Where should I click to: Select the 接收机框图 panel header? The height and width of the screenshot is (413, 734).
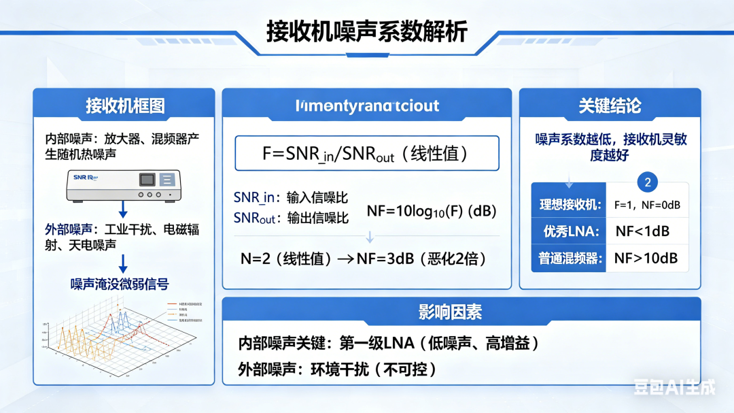click(x=124, y=105)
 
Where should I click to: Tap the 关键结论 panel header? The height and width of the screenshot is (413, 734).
click(x=610, y=105)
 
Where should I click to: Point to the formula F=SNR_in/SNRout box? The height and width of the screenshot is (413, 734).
click(x=366, y=153)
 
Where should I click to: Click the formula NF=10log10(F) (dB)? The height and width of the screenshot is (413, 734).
click(x=432, y=212)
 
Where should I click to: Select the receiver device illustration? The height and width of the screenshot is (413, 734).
click(x=124, y=185)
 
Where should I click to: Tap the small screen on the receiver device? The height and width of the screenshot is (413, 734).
click(x=147, y=180)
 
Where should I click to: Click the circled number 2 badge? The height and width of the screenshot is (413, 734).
click(x=648, y=182)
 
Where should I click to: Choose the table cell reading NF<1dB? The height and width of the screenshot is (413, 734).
click(x=642, y=231)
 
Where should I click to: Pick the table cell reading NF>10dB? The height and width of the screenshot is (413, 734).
click(x=646, y=259)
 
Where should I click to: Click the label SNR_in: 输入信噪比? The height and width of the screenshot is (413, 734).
click(x=291, y=198)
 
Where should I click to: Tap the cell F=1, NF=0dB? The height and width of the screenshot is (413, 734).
click(x=647, y=205)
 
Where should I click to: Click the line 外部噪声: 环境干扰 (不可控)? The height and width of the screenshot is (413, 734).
click(x=337, y=369)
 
